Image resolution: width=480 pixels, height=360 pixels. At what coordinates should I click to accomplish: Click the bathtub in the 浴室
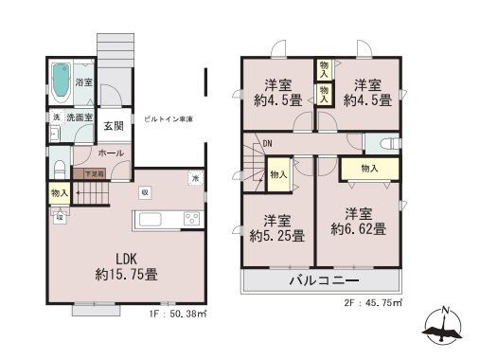pos(61,82)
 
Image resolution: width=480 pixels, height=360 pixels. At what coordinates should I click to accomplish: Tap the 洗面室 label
pos(78,117)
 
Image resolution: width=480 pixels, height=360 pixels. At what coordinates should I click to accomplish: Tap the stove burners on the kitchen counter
pos(191,221)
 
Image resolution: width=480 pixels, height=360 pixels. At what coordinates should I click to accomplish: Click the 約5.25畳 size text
pos(276,235)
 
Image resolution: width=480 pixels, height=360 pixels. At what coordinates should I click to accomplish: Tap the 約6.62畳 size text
pos(358,228)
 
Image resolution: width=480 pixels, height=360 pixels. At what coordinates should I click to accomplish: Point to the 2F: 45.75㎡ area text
pos(370,303)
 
